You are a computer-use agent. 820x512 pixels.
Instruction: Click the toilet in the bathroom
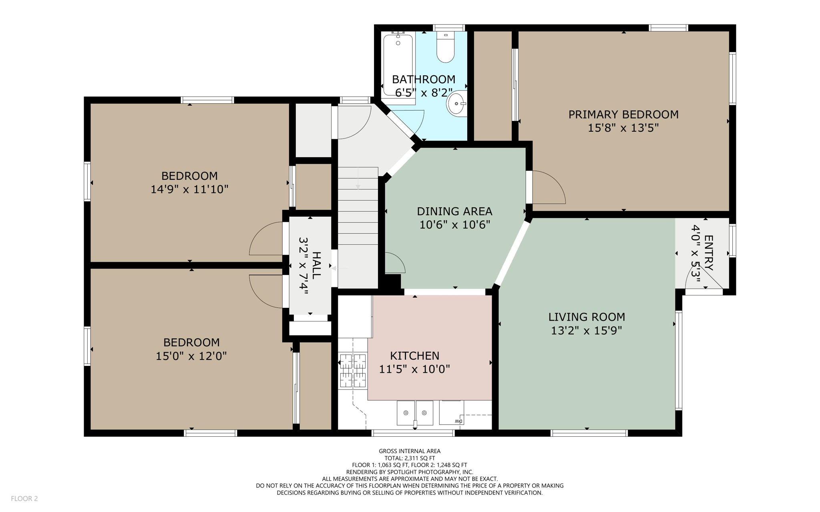tap(445, 47)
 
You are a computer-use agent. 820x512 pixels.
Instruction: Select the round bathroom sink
tap(457, 103)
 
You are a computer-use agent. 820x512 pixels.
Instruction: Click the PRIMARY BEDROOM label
tap(623, 114)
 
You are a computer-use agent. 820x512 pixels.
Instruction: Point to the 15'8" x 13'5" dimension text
tap(623, 128)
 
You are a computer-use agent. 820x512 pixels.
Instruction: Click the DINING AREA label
tap(454, 211)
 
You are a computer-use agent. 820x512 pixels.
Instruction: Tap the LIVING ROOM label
tap(587, 317)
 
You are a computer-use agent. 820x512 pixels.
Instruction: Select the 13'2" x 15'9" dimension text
tap(587, 331)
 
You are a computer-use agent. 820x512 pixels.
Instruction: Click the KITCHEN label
tap(415, 355)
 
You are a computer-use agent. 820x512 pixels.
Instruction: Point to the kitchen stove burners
tap(353, 371)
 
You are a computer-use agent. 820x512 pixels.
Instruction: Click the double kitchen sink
tap(415, 413)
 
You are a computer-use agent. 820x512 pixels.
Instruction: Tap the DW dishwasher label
tap(458, 421)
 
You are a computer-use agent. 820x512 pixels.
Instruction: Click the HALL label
tap(316, 265)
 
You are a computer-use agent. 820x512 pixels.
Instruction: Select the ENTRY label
tap(708, 253)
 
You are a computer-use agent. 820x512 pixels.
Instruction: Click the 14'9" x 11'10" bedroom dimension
tap(189, 189)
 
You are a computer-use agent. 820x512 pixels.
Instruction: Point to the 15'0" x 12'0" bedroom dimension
tap(191, 356)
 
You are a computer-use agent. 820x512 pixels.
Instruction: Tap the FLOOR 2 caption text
tap(24, 498)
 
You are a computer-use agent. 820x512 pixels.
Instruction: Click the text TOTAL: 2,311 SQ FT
tap(410, 458)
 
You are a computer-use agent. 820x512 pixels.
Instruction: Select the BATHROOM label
tap(424, 79)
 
